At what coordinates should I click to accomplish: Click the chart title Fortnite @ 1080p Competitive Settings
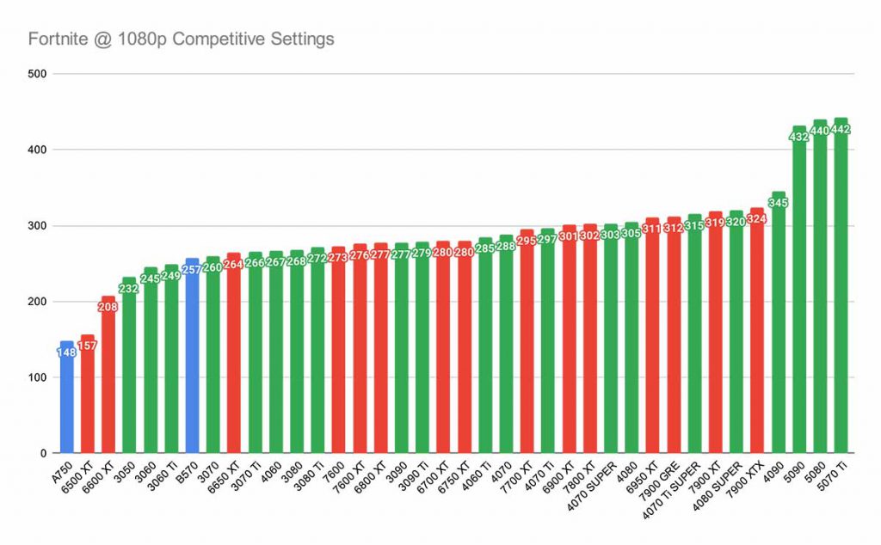181,39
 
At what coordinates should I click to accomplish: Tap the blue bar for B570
192,361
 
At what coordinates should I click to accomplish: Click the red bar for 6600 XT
108,387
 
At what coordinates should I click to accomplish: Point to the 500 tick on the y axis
38,74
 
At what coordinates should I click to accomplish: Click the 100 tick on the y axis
38,377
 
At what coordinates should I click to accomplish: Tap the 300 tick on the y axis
38,226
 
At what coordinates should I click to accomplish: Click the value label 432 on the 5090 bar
799,137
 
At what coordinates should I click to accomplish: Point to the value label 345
778,203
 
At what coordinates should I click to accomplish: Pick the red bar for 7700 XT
527,361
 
